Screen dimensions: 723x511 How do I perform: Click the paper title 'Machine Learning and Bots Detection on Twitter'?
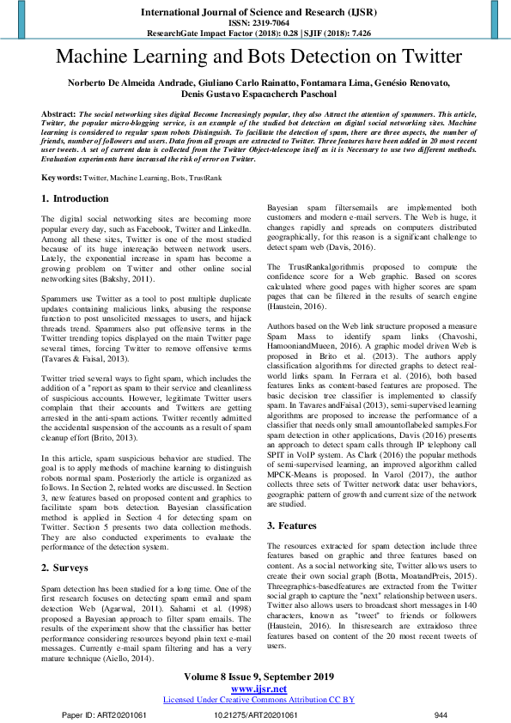point(255,58)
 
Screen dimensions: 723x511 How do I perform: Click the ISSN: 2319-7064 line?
point(255,23)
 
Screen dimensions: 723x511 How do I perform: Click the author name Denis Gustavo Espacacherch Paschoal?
point(255,94)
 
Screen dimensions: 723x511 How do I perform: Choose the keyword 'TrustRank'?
point(206,177)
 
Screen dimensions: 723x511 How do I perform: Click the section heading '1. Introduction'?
point(76,198)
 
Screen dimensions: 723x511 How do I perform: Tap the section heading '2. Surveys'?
point(68,544)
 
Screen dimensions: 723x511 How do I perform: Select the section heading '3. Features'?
point(294,501)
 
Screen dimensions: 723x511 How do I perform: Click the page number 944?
point(441,714)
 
